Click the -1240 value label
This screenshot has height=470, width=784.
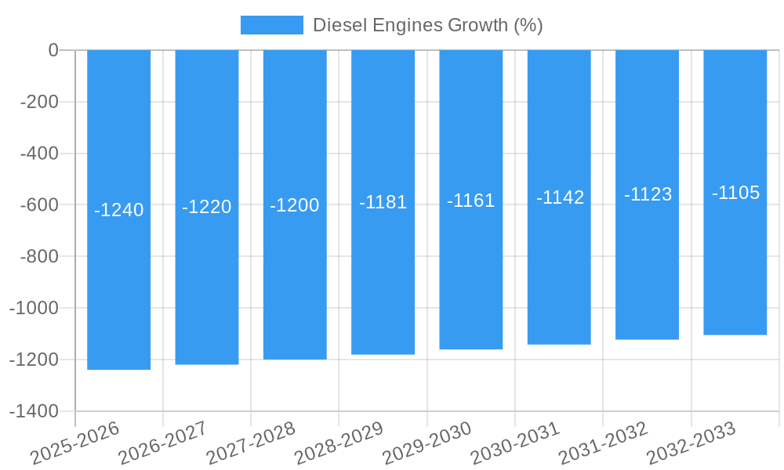(x=118, y=210)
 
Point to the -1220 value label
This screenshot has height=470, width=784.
(x=207, y=207)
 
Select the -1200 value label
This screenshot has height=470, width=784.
(x=295, y=205)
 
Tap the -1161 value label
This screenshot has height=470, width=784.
(x=470, y=201)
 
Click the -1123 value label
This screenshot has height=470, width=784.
(x=648, y=194)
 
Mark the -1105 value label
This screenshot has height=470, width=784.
(x=735, y=193)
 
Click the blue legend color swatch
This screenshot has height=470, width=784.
(x=271, y=25)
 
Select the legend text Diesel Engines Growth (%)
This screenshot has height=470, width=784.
(x=427, y=25)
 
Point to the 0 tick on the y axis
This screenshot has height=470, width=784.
(x=53, y=50)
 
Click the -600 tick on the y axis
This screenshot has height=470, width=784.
(x=38, y=204)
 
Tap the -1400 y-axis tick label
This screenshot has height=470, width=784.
(x=34, y=411)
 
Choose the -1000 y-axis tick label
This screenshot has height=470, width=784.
(x=34, y=308)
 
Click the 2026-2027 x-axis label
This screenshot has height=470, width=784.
(x=162, y=443)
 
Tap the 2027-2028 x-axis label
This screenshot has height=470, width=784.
(x=250, y=443)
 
